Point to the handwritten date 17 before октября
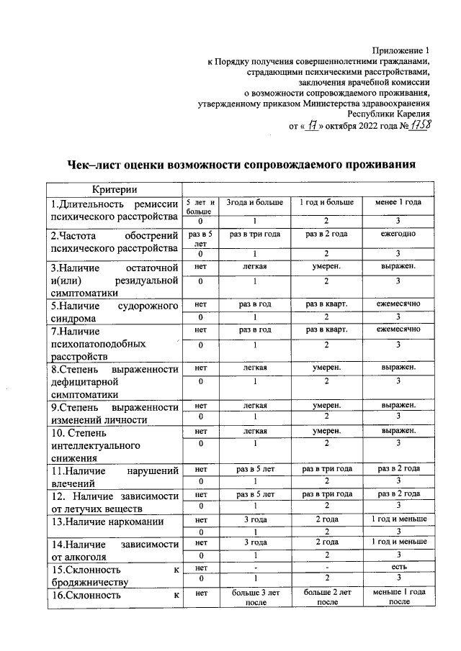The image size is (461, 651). (x=311, y=124)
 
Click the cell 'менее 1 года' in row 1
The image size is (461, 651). (x=398, y=203)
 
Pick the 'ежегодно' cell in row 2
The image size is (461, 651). (x=398, y=235)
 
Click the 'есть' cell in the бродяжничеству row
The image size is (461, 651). (x=398, y=567)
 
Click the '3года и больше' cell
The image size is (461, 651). (x=256, y=203)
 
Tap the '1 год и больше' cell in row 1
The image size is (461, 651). (x=326, y=203)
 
